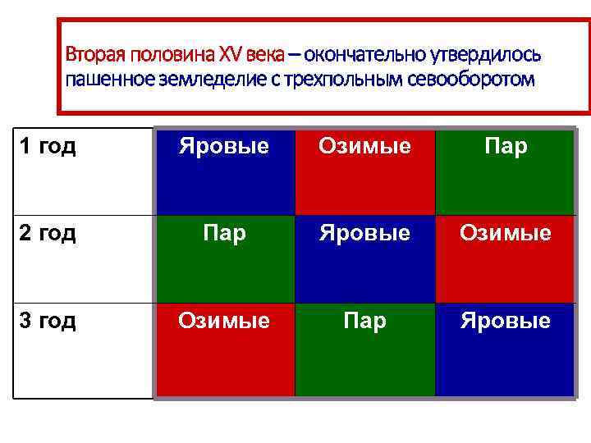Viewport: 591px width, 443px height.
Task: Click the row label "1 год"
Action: (47, 147)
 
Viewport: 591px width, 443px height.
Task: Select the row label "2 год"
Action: (47, 233)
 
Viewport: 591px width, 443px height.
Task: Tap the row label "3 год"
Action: (47, 320)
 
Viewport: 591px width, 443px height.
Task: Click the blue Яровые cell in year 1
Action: (225, 170)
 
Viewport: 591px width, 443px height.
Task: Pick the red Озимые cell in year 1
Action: (365, 170)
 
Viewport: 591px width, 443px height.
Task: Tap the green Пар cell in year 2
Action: (225, 258)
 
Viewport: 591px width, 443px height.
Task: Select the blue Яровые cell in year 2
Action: (365, 258)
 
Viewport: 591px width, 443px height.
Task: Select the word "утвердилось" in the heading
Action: (492, 55)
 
